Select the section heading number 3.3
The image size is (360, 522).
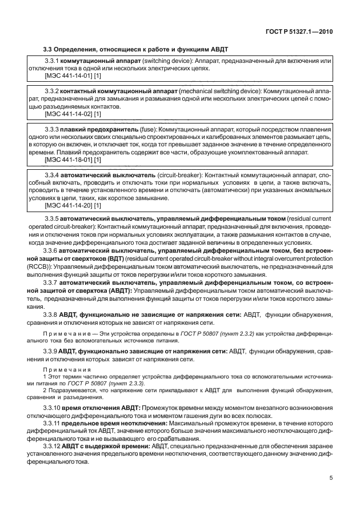click(50, 51)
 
